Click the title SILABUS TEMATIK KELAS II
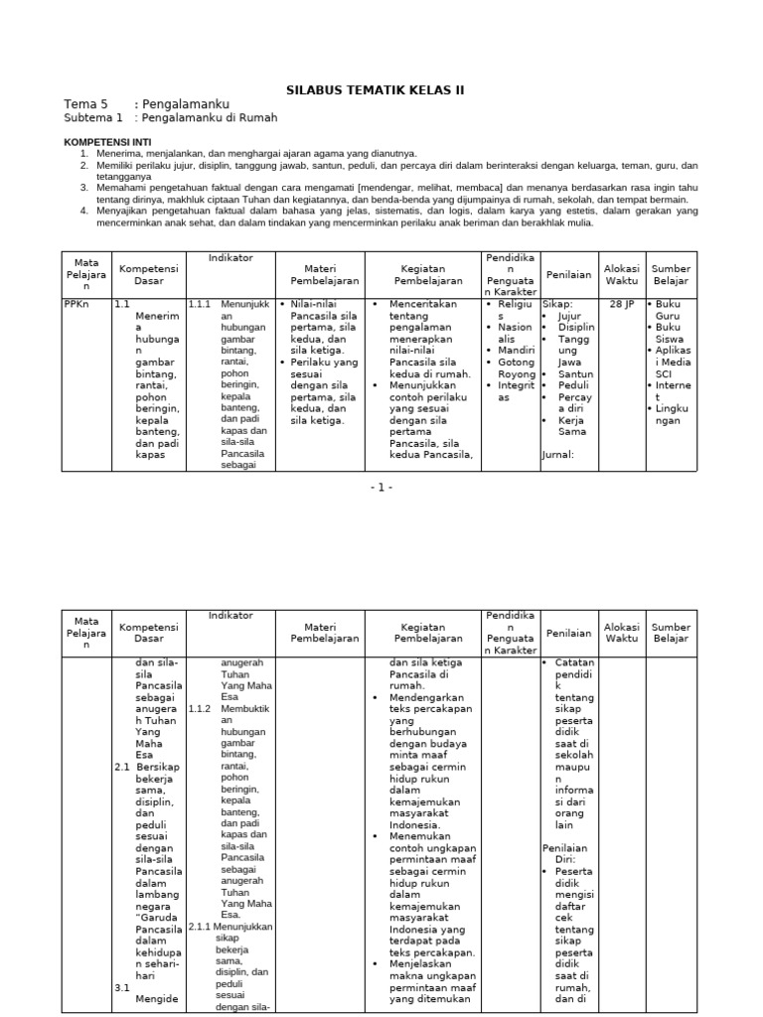pos(375,89)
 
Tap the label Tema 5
pos(85,104)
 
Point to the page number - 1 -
pos(381,487)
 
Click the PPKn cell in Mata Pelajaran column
pos(76,304)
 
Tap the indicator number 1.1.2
pos(201,709)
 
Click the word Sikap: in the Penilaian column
pos(557,304)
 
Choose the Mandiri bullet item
pos(517,351)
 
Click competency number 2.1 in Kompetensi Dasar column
pos(122,767)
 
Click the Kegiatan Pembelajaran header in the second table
pos(422,633)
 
